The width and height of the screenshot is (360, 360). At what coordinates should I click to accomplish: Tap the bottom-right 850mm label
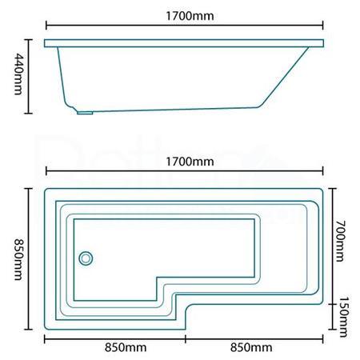[251, 347]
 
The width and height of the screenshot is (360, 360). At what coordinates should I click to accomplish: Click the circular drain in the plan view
[85, 258]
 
